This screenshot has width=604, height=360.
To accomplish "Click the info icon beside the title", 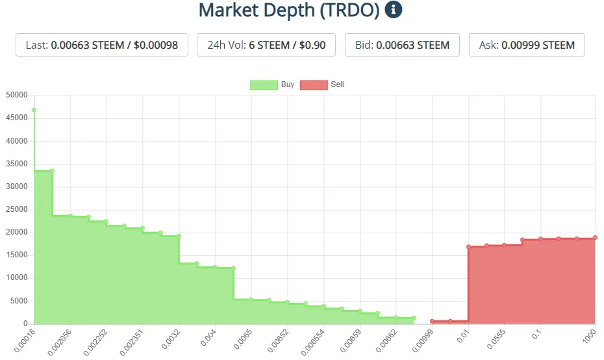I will [394, 10].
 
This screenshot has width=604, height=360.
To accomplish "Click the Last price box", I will [102, 45].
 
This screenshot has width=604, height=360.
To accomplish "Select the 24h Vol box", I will [266, 45].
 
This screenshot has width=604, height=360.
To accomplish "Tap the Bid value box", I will [402, 45].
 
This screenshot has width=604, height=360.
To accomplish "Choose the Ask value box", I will [527, 45].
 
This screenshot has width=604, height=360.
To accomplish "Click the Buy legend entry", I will [272, 84].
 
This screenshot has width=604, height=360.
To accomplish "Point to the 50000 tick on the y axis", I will [17, 96].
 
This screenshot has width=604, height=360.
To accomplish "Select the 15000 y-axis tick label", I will [17, 255].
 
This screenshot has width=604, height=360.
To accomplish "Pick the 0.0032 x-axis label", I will [170, 338].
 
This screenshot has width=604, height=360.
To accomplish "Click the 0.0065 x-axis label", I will [242, 338].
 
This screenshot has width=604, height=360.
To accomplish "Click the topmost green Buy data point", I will [34, 110].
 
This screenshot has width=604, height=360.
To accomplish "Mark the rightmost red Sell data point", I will [595, 238].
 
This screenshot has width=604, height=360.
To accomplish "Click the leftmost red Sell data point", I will [433, 321].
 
